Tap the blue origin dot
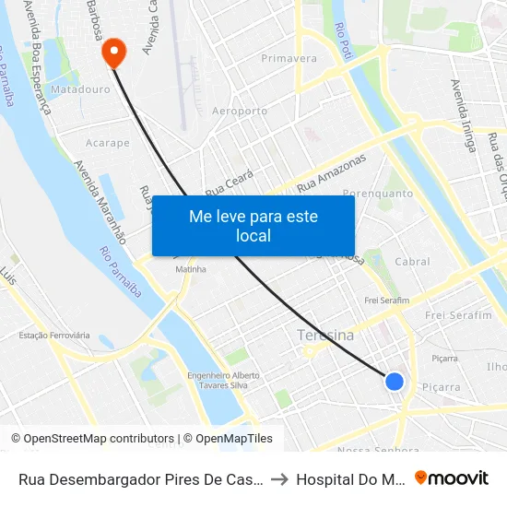point(395,381)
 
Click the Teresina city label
point(325,336)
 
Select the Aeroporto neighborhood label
point(239,112)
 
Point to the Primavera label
point(289,59)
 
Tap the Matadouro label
point(80,90)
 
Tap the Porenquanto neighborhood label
point(378,194)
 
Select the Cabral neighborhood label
point(412,262)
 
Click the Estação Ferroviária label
point(55,336)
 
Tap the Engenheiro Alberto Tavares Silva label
point(224,381)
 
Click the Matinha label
point(191,269)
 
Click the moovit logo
point(452,478)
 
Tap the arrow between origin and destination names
point(279,478)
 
